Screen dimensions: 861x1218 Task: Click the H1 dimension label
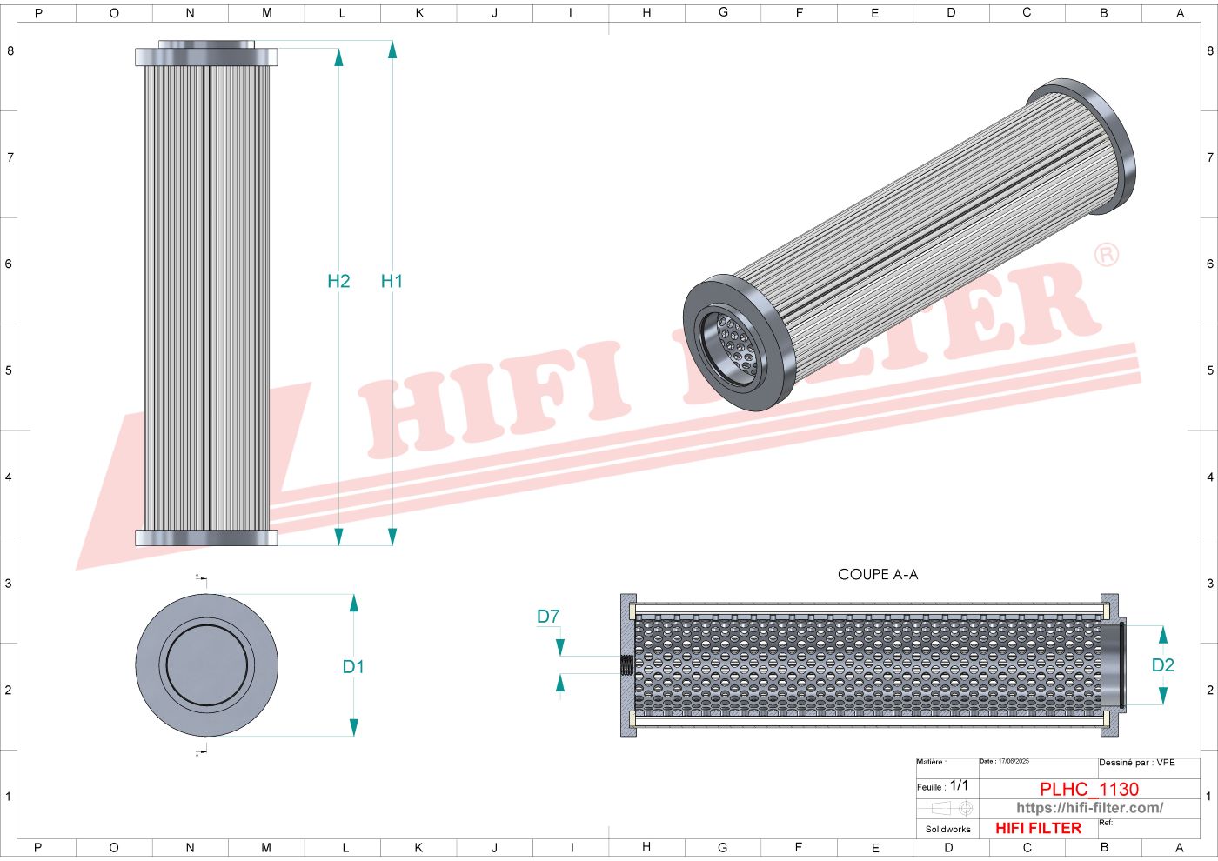tap(391, 281)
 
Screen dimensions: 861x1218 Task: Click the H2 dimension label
tap(338, 281)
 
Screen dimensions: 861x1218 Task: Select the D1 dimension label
tap(352, 667)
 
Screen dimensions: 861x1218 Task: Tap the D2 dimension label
tap(1162, 665)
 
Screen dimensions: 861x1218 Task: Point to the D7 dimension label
tap(548, 617)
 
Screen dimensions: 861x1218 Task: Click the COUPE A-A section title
tap(877, 575)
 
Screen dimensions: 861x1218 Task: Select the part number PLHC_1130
tap(1088, 789)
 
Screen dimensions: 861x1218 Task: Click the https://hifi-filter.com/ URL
tap(1088, 808)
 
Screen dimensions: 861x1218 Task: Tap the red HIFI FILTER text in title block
tap(1038, 829)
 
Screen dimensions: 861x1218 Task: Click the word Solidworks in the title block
tap(947, 830)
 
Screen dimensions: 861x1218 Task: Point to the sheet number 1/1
tap(959, 785)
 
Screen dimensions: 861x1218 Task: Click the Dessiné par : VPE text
tap(1136, 763)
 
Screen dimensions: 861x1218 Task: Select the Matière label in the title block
tap(931, 763)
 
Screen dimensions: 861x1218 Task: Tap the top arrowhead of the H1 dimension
tap(392, 50)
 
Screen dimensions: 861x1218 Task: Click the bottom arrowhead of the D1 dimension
tap(353, 727)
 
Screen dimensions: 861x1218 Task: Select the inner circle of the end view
tap(207, 665)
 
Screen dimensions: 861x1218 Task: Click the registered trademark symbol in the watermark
tap(1106, 255)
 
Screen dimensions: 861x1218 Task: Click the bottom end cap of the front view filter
tap(207, 537)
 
